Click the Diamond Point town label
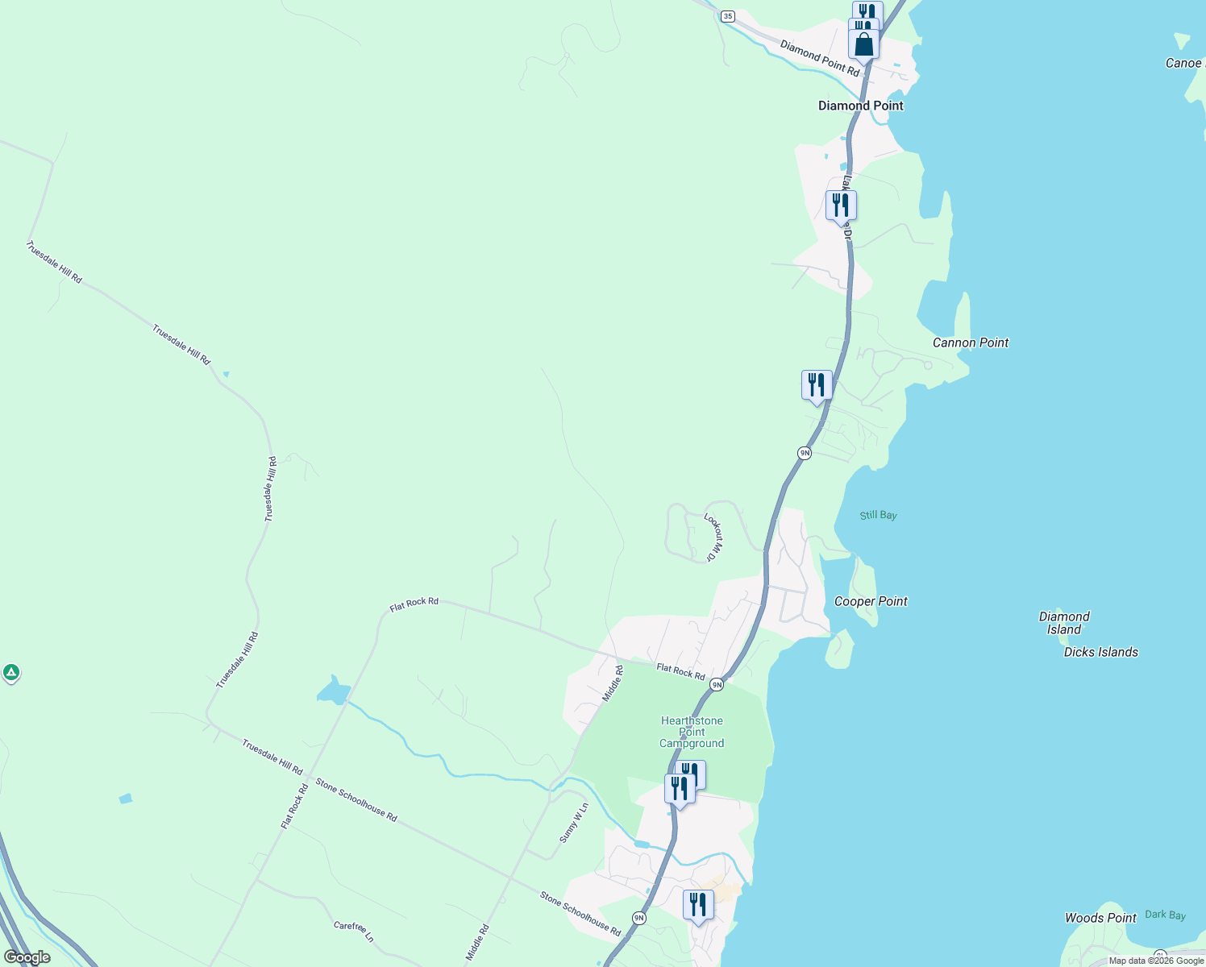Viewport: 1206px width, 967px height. [x=860, y=106]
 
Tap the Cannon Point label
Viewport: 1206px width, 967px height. [x=970, y=342]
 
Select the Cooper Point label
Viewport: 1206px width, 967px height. [x=871, y=601]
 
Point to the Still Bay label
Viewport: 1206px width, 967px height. [x=878, y=515]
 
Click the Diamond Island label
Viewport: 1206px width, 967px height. [x=1064, y=623]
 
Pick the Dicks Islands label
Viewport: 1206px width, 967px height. [x=1100, y=652]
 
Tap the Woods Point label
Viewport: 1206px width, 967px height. [x=1100, y=918]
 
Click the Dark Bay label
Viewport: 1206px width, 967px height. [x=1165, y=915]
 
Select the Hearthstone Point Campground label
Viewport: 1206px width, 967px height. [x=692, y=732]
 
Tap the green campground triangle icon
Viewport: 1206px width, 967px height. [x=10, y=671]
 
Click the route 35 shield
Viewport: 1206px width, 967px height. [x=728, y=16]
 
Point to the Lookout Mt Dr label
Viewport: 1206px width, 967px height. [x=713, y=537]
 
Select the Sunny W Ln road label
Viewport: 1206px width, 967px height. [x=574, y=823]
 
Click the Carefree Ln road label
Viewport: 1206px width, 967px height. [x=353, y=931]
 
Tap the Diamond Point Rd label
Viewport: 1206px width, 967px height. [x=819, y=58]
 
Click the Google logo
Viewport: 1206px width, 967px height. [x=27, y=957]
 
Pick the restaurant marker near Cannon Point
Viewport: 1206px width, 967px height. [x=817, y=385]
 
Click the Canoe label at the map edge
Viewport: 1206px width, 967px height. [x=1183, y=63]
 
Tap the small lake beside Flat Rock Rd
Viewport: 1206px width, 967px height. [x=333, y=691]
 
